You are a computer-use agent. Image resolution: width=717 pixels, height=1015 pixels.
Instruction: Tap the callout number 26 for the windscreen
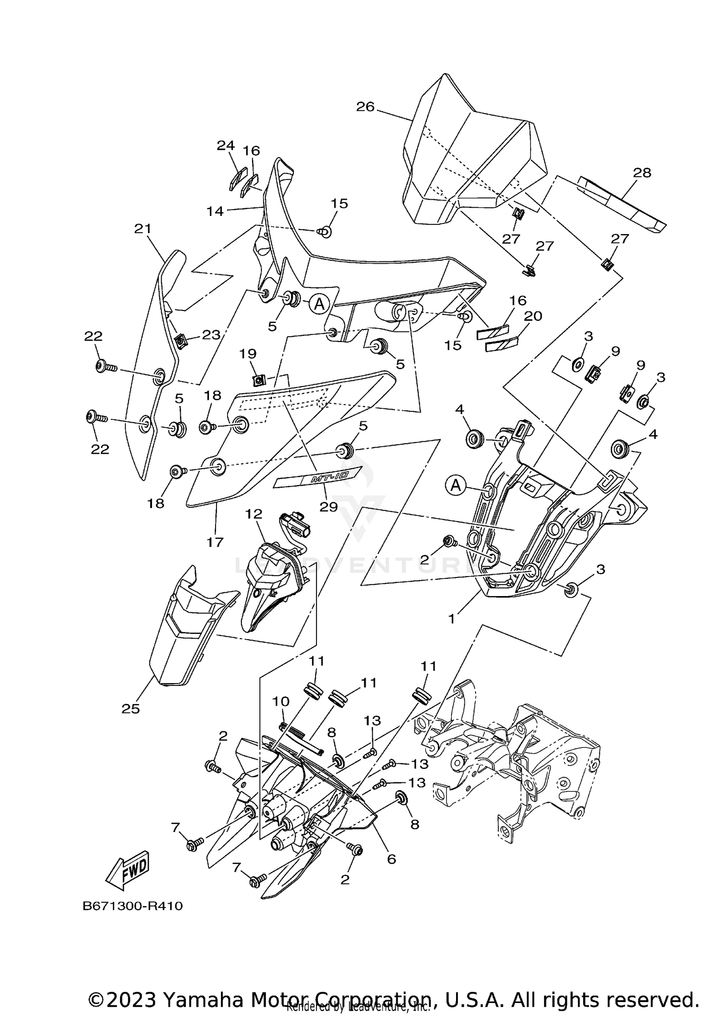point(365,107)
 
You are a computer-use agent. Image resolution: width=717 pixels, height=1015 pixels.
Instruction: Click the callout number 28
point(642,173)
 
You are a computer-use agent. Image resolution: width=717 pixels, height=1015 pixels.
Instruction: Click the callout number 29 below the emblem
point(328,507)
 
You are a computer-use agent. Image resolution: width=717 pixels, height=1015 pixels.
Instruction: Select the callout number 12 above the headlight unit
point(254,514)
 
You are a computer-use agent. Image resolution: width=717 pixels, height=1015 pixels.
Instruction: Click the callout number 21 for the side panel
point(142,229)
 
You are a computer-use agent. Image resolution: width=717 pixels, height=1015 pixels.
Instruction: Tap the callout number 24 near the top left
point(226,146)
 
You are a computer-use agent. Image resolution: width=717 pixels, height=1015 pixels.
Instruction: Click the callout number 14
point(215,211)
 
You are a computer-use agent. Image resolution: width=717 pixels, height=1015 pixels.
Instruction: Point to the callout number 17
point(215,542)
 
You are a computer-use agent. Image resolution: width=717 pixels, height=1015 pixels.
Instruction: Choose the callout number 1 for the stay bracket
point(451,619)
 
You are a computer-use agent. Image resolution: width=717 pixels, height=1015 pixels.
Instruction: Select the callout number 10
point(281,702)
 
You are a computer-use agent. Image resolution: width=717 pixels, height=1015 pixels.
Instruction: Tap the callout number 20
point(533,316)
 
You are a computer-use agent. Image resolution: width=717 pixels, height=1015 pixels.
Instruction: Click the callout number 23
point(211,335)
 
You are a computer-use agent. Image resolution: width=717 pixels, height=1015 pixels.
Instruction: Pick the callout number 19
point(248,354)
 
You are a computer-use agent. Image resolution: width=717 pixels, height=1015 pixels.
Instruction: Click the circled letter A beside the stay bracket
point(456,486)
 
